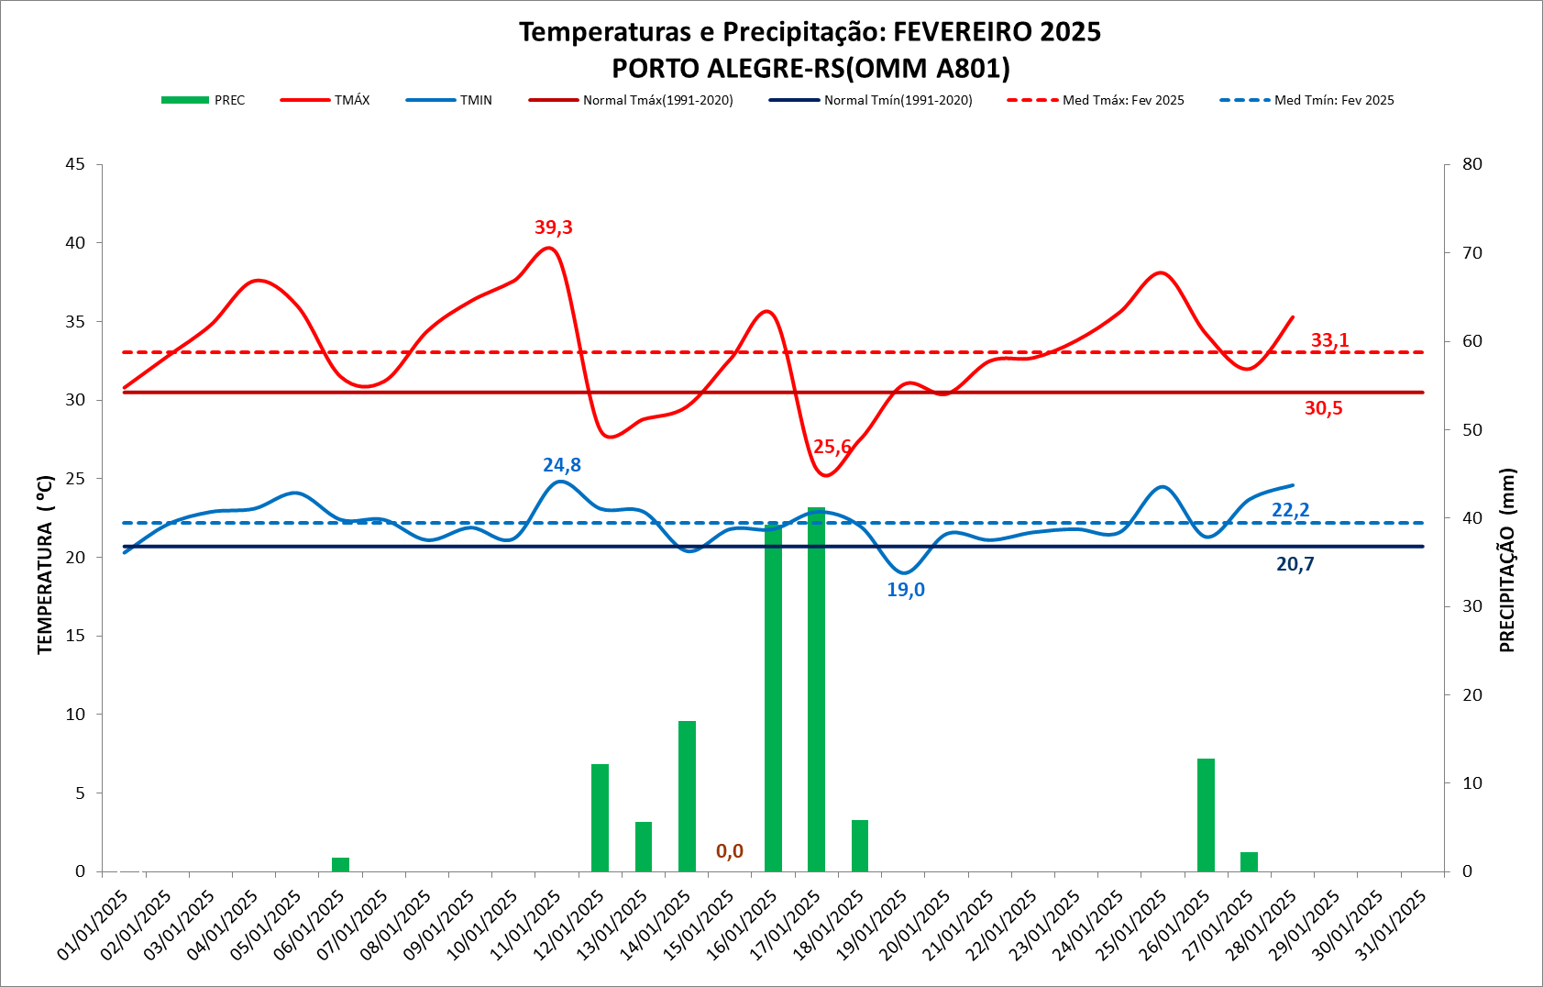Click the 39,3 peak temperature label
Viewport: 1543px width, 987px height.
point(554,227)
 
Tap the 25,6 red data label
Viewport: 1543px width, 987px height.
point(832,447)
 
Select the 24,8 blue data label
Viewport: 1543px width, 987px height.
point(562,465)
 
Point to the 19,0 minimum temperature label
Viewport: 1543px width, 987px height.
point(906,590)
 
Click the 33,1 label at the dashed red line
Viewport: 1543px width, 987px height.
point(1329,340)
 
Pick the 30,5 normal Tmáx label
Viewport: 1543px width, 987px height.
point(1323,408)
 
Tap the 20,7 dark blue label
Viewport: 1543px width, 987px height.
point(1295,564)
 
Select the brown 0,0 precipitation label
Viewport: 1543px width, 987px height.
point(730,851)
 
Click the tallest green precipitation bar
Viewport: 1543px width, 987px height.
point(816,688)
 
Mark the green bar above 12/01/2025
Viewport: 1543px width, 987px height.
point(600,817)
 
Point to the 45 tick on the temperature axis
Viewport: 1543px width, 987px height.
point(75,164)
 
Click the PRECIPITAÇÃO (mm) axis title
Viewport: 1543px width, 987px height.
point(1506,560)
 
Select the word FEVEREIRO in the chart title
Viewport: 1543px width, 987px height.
point(963,32)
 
